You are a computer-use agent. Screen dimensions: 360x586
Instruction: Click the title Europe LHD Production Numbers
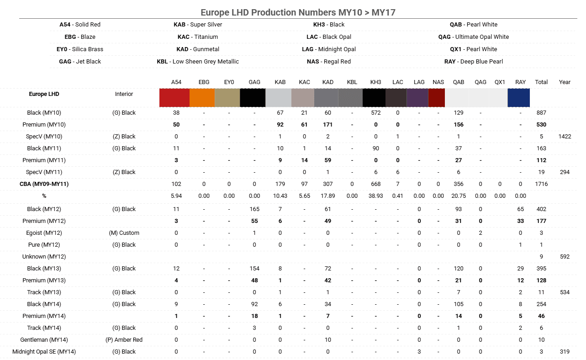point(298,12)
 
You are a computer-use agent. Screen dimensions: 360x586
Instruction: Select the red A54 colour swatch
point(174,98)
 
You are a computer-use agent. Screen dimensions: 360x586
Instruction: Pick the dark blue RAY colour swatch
point(518,98)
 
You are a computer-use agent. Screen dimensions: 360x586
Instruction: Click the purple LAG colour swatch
point(417,98)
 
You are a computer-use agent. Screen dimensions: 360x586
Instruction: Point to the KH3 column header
point(375,82)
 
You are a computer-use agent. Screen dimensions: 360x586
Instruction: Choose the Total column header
point(541,82)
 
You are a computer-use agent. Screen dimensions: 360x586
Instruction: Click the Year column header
point(565,82)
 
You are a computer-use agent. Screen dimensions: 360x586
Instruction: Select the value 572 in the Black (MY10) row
point(375,113)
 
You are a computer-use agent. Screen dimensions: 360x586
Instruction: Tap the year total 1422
point(565,137)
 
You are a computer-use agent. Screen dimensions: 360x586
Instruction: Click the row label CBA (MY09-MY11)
point(44,184)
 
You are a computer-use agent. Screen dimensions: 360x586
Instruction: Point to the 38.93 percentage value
point(375,196)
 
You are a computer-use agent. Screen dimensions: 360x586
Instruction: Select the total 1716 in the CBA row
point(541,184)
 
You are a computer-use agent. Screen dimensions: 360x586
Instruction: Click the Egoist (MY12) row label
point(44,233)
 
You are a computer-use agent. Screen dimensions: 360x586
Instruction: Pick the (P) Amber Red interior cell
point(124,340)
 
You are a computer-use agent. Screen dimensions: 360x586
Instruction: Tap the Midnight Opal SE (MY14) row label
point(44,352)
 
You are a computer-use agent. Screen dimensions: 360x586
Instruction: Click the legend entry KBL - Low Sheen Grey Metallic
point(198,62)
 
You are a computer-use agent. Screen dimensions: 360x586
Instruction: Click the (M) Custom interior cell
point(124,233)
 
